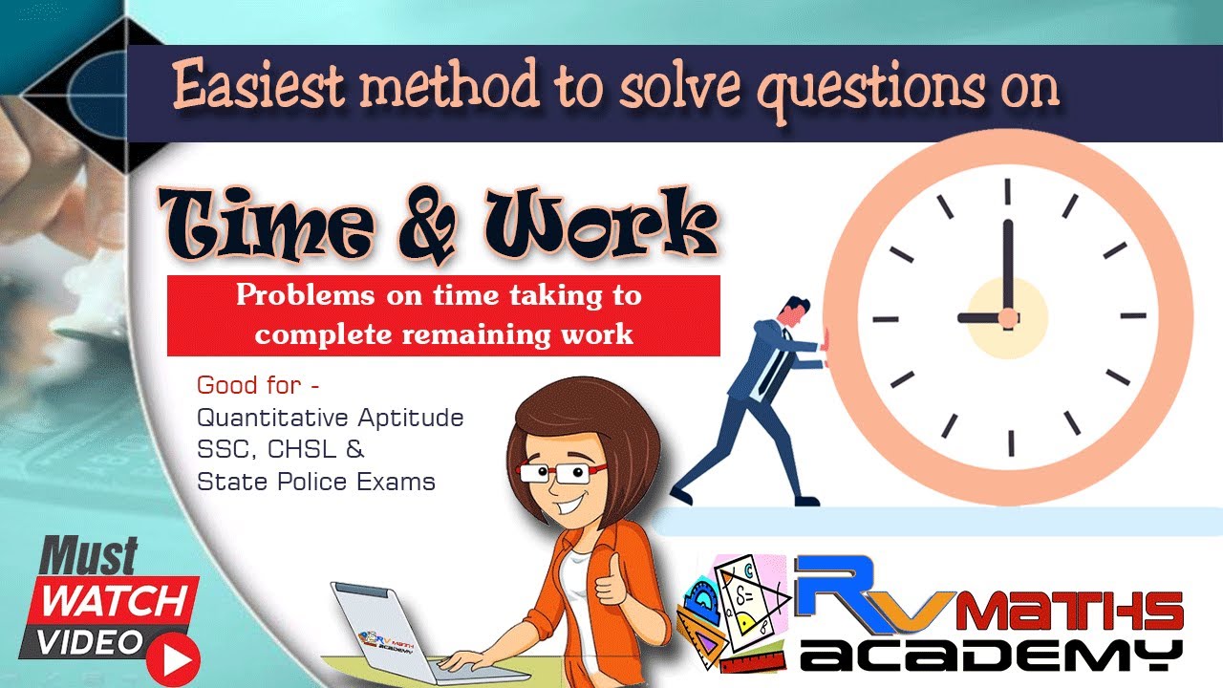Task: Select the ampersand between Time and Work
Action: pyautogui.click(x=426, y=225)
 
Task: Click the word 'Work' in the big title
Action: pyautogui.click(x=601, y=224)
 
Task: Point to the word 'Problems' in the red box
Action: pyautogui.click(x=305, y=295)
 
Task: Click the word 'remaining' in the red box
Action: pyautogui.click(x=476, y=334)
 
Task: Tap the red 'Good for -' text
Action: pyautogui.click(x=258, y=385)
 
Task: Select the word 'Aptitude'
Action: pyautogui.click(x=411, y=419)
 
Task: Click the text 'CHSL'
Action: pyautogui.click(x=301, y=449)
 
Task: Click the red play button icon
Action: pyautogui.click(x=173, y=660)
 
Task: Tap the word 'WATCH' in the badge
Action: pyautogui.click(x=115, y=602)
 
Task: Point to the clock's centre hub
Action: pyautogui.click(x=1008, y=318)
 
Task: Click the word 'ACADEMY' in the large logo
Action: pyautogui.click(x=992, y=656)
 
